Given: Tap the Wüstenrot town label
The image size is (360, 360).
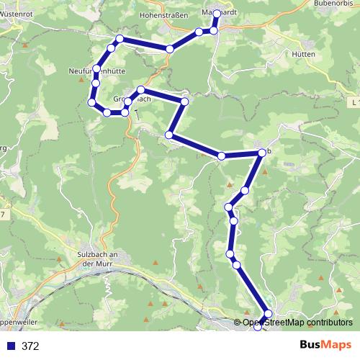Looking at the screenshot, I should click(20, 14).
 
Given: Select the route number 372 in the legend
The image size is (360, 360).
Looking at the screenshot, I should click(30, 346).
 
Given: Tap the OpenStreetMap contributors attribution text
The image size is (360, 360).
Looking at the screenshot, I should click(297, 323).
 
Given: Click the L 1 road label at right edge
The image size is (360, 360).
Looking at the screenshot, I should click(355, 104).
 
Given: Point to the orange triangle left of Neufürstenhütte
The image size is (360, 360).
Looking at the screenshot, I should click(26, 46).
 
